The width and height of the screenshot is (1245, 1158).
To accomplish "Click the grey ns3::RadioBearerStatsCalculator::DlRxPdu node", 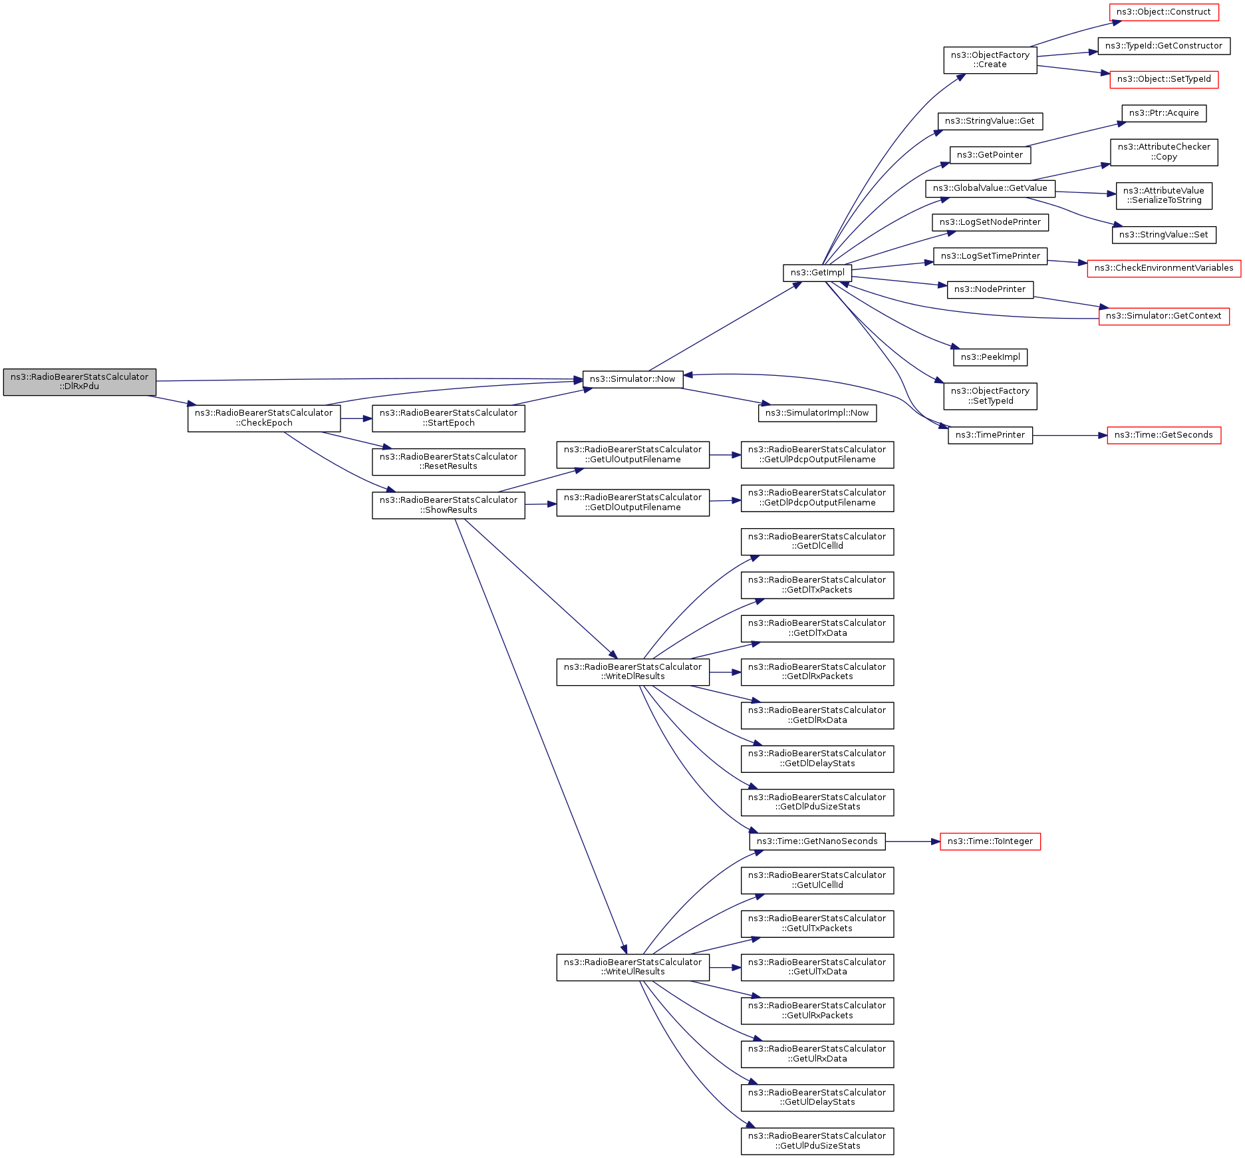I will tap(79, 382).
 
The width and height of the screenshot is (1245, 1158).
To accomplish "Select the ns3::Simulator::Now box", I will tap(632, 379).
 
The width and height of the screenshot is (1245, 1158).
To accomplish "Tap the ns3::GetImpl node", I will tap(817, 273).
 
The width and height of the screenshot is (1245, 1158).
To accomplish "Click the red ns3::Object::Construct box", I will tap(1163, 12).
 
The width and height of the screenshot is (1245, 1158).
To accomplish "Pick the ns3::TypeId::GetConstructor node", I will tap(1163, 46).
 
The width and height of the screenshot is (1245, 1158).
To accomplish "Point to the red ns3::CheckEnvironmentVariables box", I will tap(1163, 268).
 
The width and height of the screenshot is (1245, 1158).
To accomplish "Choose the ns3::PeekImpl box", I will tap(990, 357).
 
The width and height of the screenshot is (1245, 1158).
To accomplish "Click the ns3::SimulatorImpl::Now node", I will tap(817, 413).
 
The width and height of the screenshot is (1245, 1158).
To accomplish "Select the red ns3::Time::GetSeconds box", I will tap(1163, 435).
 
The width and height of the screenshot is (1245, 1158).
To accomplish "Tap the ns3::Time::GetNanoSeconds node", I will tap(817, 841).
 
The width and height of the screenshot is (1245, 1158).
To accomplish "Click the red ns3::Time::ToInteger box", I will tap(990, 841).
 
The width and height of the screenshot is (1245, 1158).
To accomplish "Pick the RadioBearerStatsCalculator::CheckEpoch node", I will tap(263, 418).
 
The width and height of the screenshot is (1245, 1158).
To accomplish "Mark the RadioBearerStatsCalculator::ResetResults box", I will tap(448, 462).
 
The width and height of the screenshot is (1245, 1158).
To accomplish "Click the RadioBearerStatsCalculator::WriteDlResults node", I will tap(632, 672).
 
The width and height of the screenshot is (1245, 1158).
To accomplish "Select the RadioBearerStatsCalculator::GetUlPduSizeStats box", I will tap(817, 1141).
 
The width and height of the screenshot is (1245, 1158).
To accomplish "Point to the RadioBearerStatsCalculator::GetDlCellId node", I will tap(817, 541).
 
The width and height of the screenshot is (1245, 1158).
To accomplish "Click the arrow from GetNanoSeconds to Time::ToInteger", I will tap(912, 841).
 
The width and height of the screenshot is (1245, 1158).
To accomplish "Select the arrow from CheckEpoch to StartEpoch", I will tap(356, 418).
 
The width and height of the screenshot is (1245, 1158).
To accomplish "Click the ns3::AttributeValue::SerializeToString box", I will tap(1163, 196).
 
